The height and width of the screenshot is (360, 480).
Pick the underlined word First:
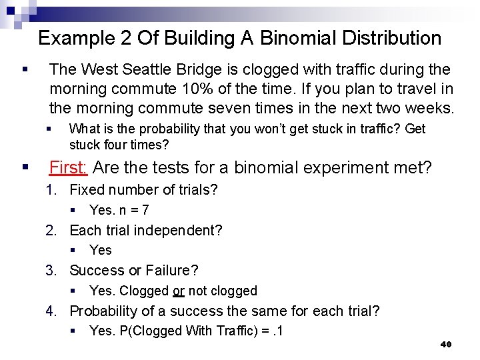point(68,167)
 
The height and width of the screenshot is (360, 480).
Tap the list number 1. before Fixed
point(51,190)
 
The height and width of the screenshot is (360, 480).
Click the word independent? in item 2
point(181,230)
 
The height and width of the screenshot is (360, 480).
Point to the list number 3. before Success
point(51,270)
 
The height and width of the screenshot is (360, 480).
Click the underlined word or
point(178,291)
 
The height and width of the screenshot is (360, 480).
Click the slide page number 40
point(446,345)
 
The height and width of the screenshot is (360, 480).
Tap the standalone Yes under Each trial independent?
point(100,250)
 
